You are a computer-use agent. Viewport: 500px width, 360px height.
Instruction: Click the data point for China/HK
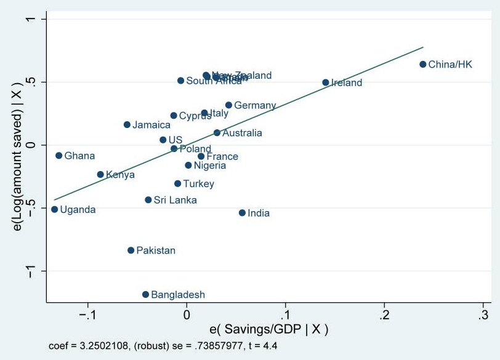422,64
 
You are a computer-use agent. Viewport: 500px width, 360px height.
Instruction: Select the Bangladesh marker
145,295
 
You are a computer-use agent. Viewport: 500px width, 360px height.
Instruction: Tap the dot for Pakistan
131,250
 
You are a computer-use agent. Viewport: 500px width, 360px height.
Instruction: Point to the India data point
242,213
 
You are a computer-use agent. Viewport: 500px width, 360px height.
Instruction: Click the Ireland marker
325,82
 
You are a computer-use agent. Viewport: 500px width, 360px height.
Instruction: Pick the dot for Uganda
54,209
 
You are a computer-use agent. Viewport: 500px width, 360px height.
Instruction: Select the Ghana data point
58,156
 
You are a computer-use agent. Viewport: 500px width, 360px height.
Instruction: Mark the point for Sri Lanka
148,200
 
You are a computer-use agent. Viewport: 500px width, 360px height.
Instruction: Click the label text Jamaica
151,125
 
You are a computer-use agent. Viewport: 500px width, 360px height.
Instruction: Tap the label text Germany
255,106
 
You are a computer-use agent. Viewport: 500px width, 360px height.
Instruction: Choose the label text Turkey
198,184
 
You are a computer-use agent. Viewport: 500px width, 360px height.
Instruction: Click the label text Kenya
120,175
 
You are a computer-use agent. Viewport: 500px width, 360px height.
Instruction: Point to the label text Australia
242,133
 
